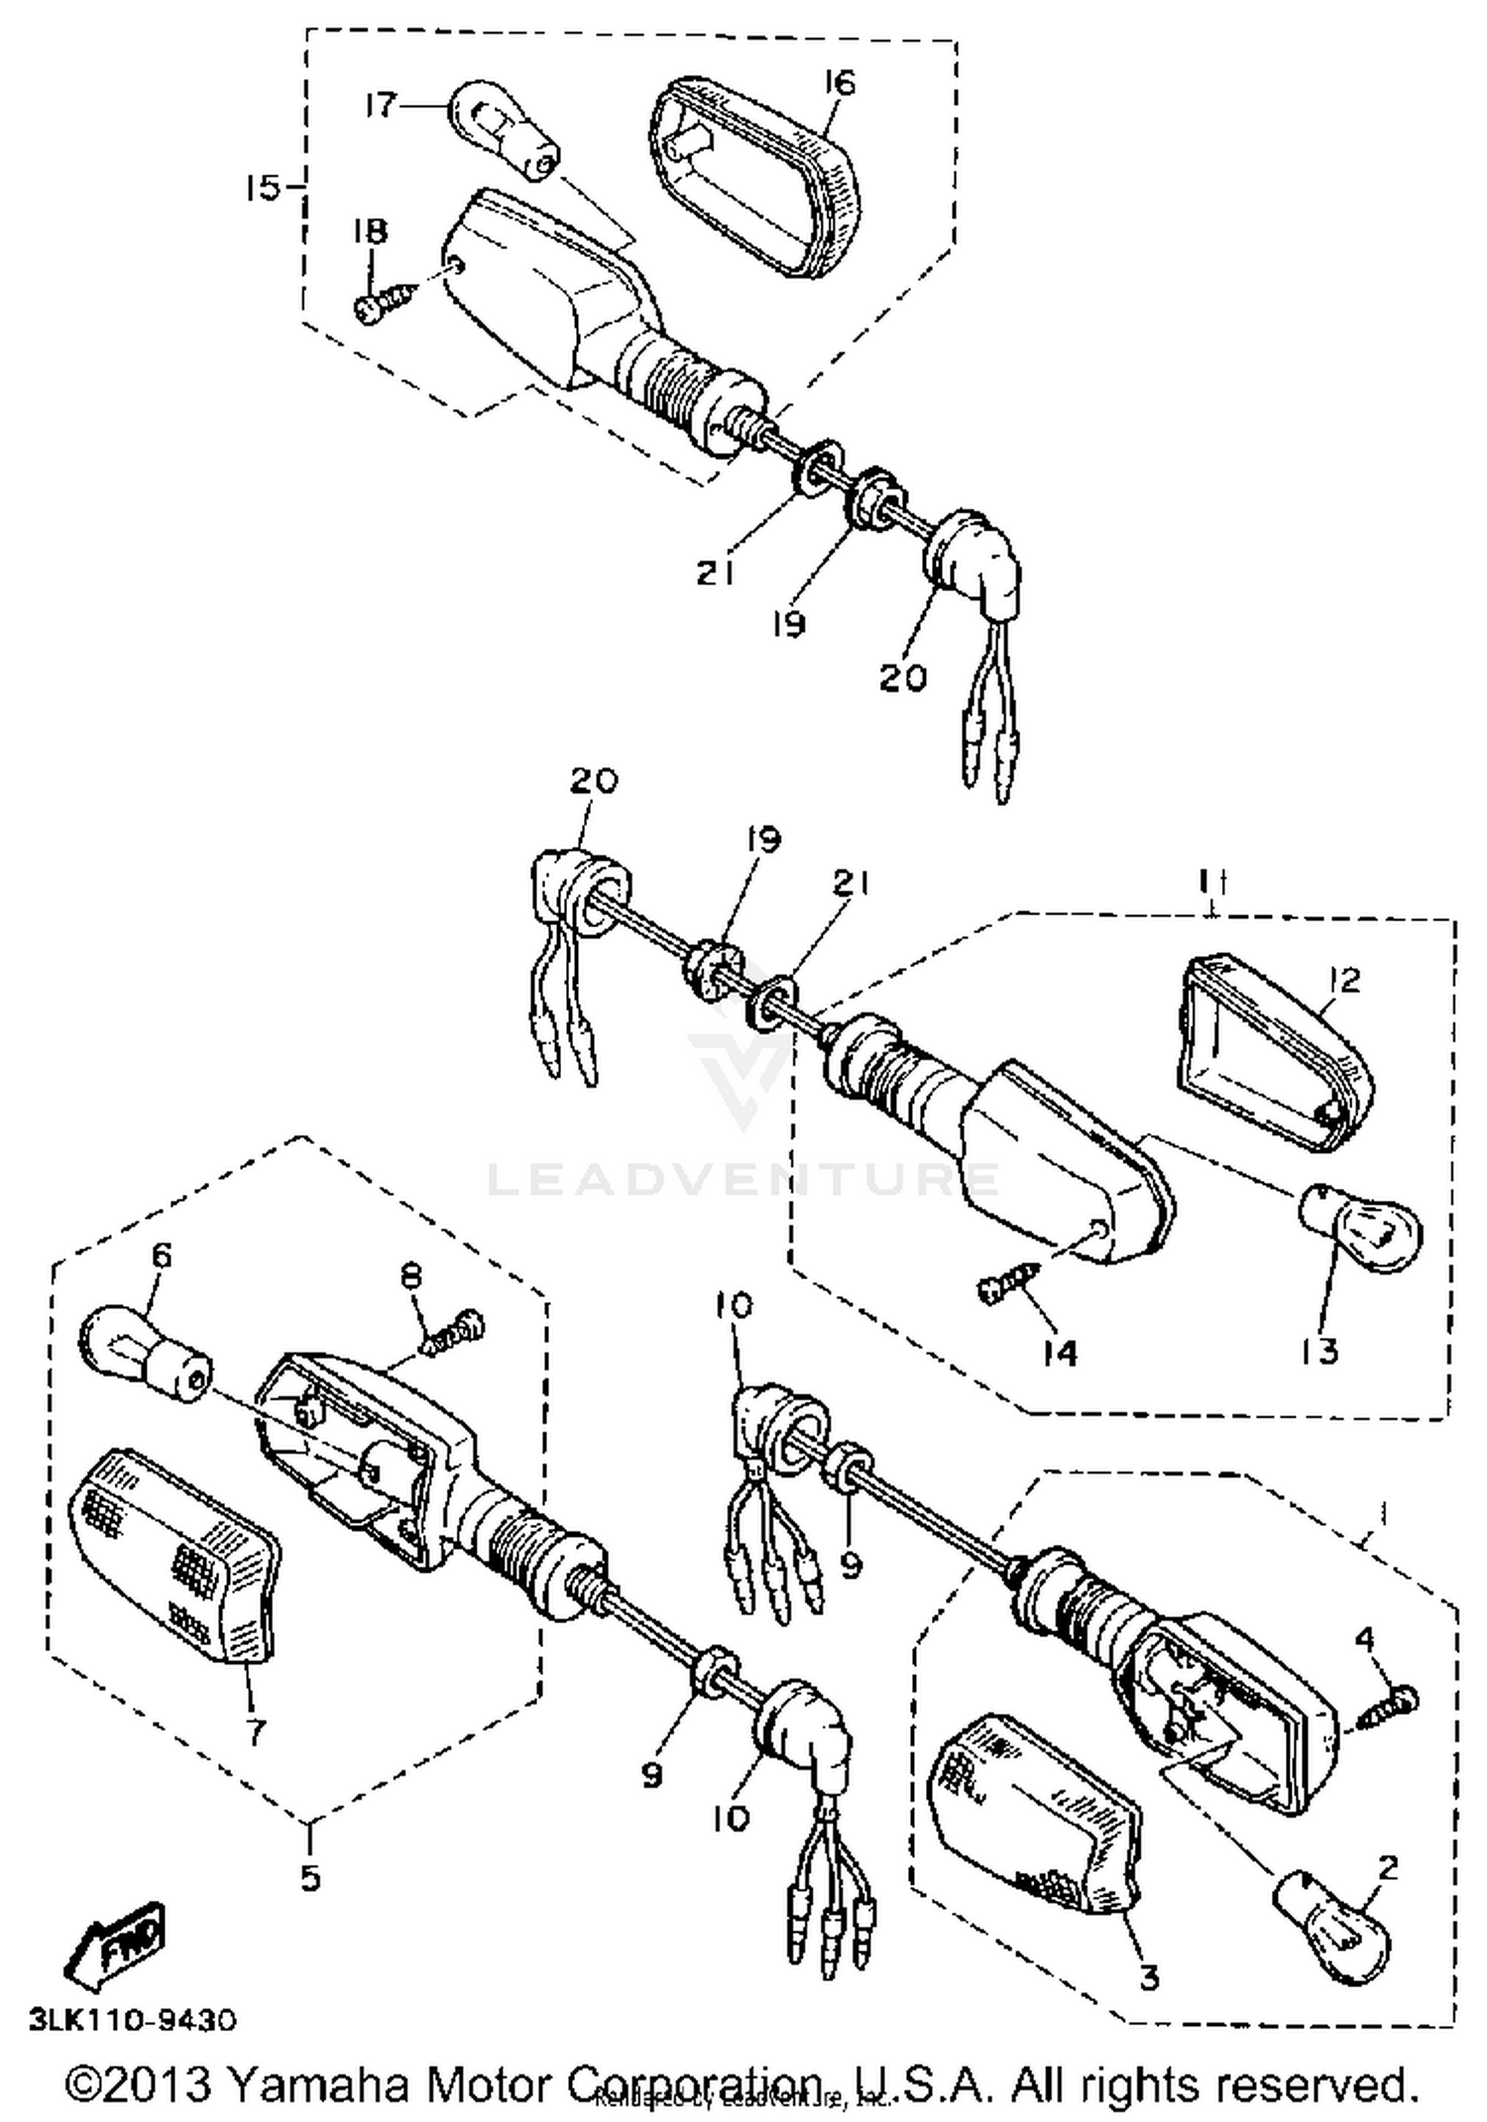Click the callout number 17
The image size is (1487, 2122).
(381, 105)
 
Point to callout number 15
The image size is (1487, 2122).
(264, 186)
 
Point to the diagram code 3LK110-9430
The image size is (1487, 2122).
(133, 2019)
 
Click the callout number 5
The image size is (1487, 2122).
(310, 1877)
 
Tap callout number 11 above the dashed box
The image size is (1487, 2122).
(1211, 881)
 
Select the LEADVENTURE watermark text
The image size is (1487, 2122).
(743, 1180)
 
